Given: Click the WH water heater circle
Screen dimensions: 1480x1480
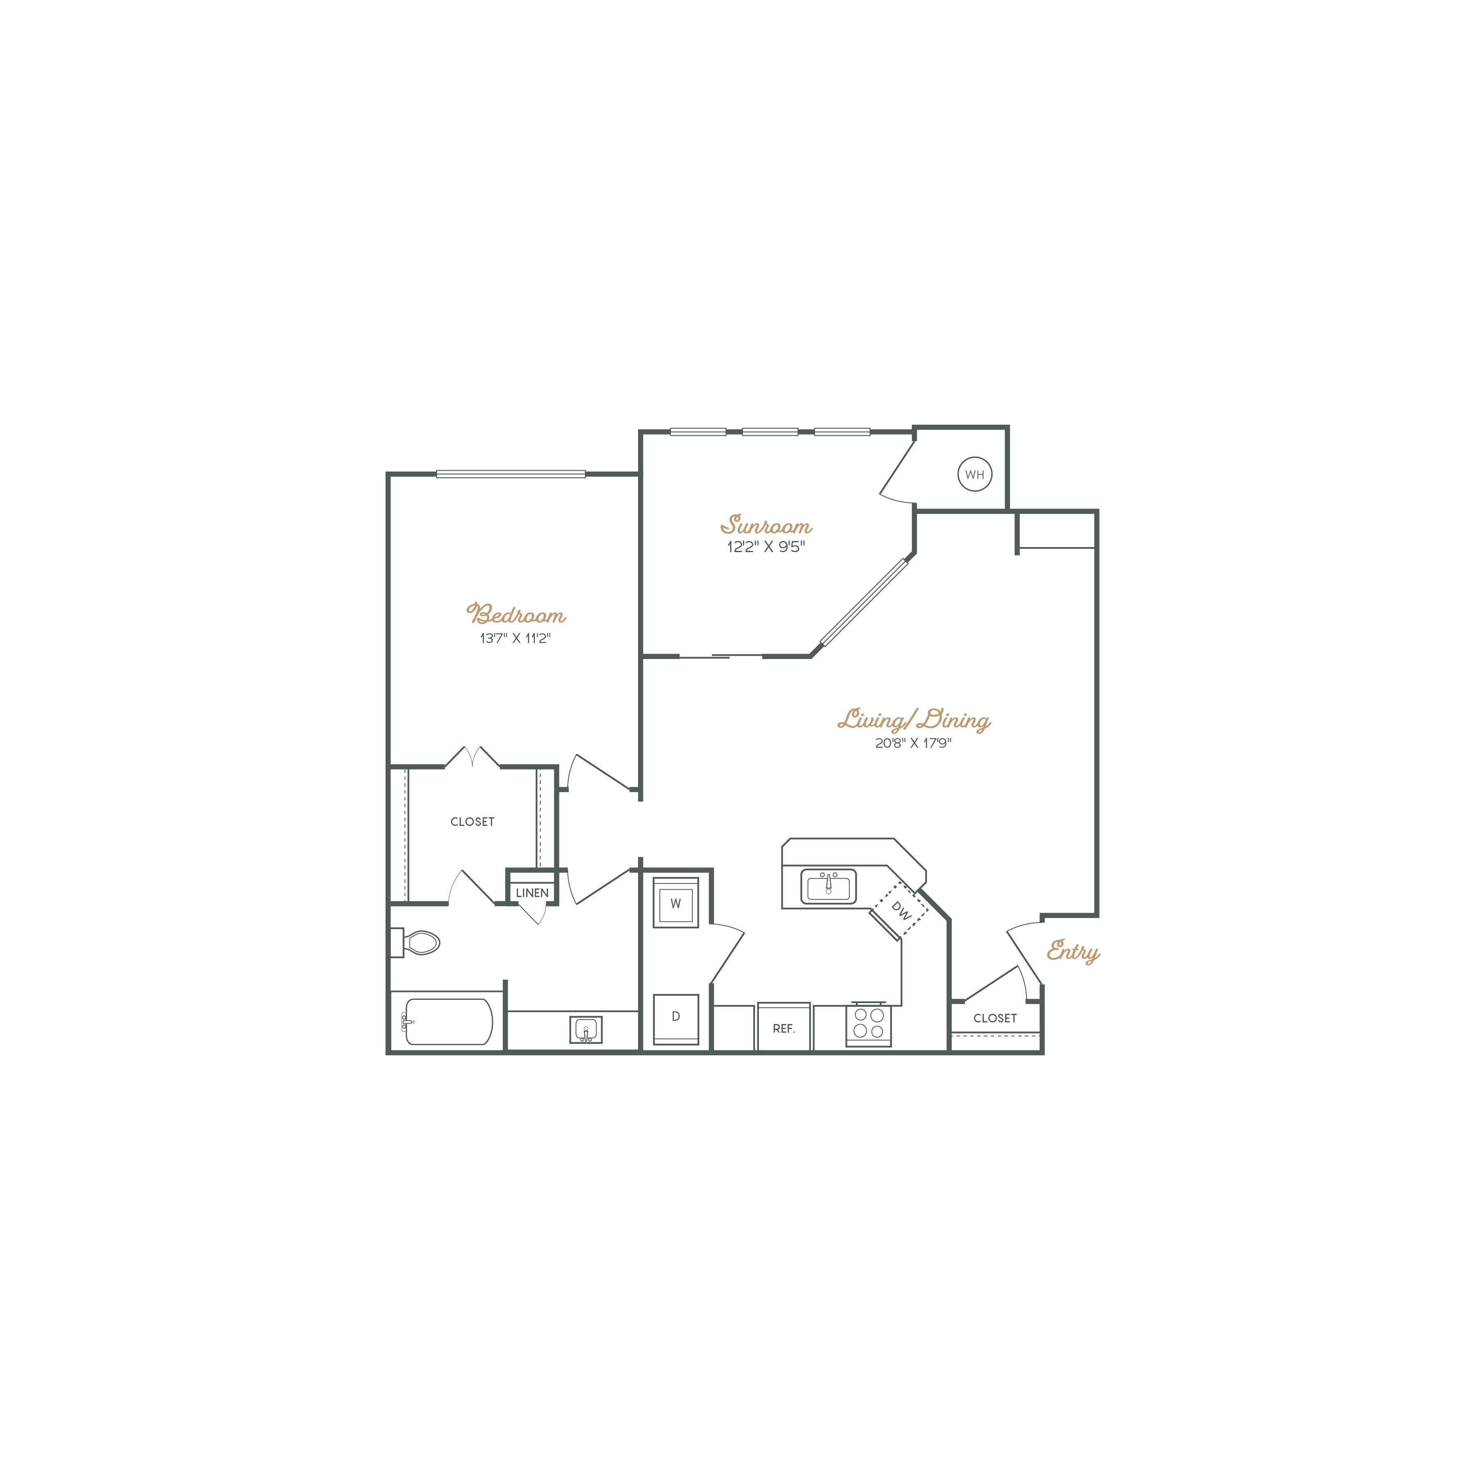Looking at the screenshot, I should point(974,474).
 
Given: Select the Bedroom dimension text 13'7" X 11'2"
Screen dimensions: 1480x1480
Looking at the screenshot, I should point(515,638).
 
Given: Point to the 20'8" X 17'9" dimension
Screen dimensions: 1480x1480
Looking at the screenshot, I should point(913,743).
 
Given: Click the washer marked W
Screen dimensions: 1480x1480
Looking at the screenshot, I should point(675,903).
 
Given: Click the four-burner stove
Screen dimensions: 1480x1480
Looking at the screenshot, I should point(869,1023).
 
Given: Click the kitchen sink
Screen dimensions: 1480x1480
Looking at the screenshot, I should point(828,886).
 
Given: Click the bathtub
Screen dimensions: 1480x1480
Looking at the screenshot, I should point(448,1022).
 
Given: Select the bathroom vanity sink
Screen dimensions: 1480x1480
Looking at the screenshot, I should point(585,1029).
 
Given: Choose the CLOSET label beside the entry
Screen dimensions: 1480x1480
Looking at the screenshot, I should point(994,1018).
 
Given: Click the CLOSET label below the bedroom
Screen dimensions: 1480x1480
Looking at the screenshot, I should point(472,822).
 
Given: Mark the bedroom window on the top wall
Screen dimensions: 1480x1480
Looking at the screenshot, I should point(511,474).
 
